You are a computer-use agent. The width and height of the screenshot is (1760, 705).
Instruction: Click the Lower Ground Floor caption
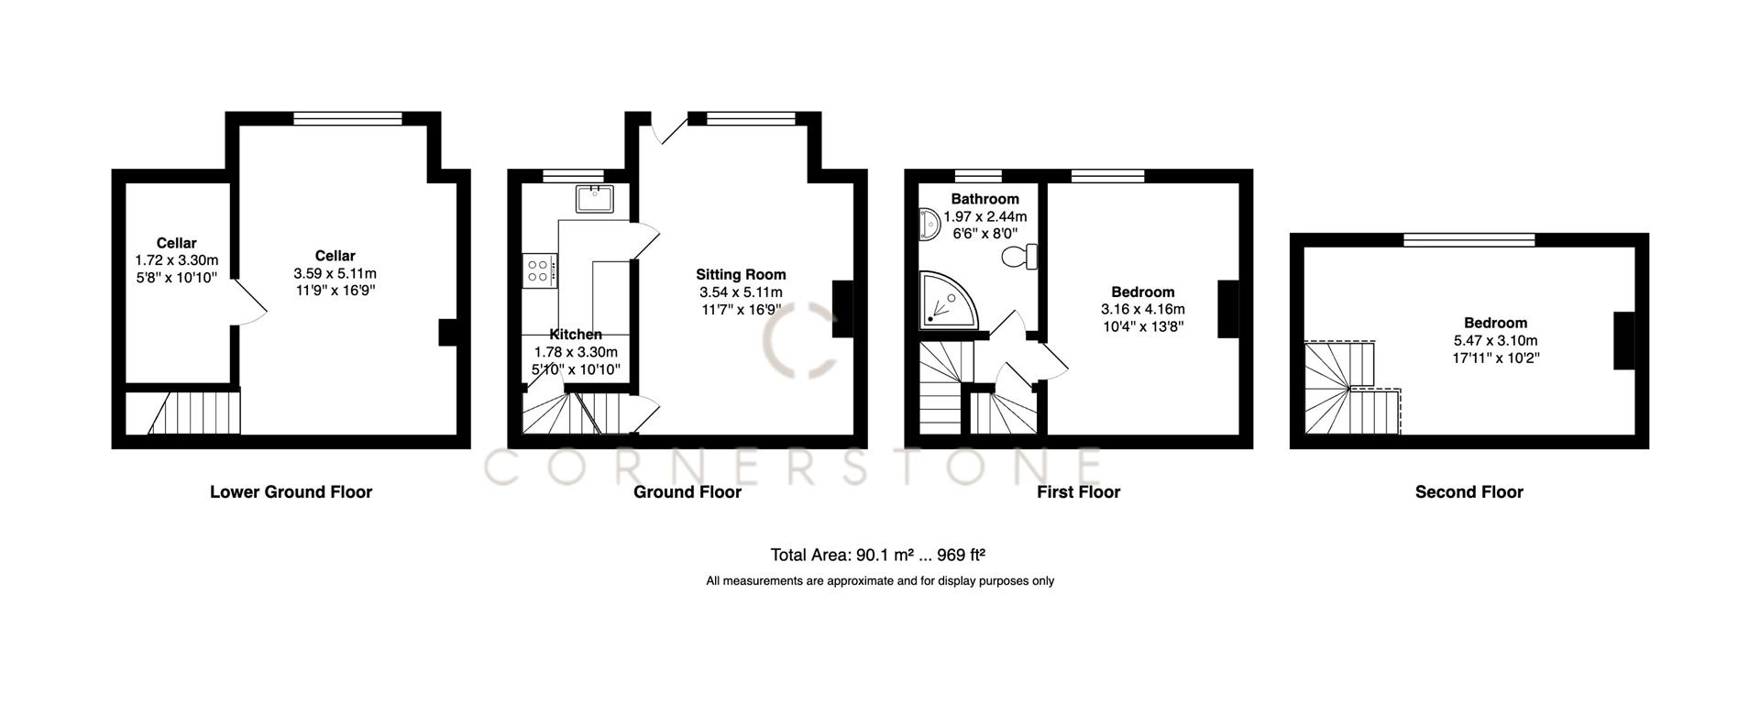tap(291, 492)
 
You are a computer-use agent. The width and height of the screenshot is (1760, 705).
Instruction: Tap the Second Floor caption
tap(1468, 492)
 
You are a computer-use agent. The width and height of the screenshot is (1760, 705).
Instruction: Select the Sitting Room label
tap(741, 274)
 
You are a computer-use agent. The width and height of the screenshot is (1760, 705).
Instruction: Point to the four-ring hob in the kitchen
tap(539, 270)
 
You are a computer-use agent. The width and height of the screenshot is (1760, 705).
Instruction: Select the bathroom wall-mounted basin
tap(929, 224)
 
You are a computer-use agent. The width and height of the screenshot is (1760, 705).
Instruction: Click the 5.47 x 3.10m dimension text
tap(1495, 340)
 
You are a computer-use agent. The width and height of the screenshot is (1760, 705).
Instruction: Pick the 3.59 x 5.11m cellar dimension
tap(335, 273)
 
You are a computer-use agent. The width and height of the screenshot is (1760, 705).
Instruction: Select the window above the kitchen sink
tap(573, 175)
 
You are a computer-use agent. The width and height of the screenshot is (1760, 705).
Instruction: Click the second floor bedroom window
tap(1468, 240)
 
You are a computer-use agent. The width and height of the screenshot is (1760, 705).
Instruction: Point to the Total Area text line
tap(877, 555)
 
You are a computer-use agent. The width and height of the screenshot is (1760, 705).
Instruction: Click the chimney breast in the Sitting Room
tap(842, 310)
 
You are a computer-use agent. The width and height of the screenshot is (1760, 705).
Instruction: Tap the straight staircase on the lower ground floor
tap(194, 413)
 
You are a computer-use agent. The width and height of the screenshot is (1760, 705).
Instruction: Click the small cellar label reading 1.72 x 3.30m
tap(176, 260)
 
